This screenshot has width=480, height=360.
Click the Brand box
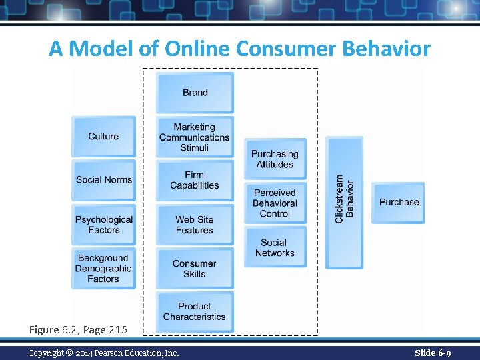(195, 93)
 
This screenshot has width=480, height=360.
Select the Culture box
(103, 137)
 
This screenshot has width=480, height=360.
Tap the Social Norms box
(103, 180)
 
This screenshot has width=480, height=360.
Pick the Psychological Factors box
(103, 225)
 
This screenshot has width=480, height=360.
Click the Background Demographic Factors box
(103, 269)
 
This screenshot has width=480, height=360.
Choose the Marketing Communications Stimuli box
(195, 137)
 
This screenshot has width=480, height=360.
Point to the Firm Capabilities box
(195, 180)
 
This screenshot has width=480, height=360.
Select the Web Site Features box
(195, 225)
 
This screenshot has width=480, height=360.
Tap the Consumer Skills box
(195, 269)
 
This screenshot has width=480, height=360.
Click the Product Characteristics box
(195, 311)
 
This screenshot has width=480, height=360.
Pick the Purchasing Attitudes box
(275, 159)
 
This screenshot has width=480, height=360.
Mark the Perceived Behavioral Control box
(275, 203)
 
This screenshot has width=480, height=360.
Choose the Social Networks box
(275, 247)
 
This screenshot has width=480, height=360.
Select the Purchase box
(399, 202)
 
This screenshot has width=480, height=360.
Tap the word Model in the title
(101, 49)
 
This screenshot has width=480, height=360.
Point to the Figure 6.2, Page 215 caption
(77, 329)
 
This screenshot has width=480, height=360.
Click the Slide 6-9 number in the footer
(433, 353)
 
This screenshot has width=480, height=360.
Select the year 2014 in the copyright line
(86, 353)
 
